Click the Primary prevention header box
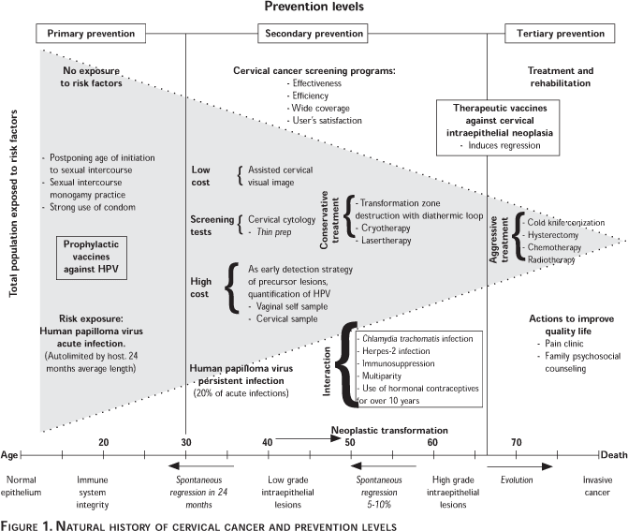pos(91,34)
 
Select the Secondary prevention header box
pos(312,34)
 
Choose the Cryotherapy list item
pos(385,227)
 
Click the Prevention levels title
pos(313,8)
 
